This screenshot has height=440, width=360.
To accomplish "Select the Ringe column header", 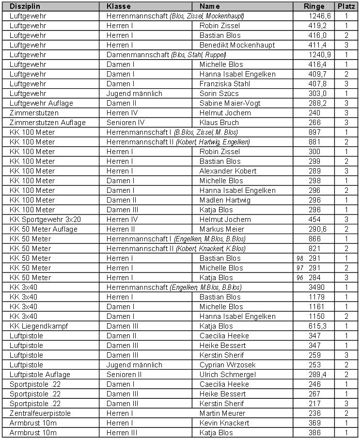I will tap(314, 6).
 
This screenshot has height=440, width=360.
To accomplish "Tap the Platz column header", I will tap(347, 6).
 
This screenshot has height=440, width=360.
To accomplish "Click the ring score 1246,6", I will tap(320, 16).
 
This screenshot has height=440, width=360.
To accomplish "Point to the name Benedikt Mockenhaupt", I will tap(237, 45).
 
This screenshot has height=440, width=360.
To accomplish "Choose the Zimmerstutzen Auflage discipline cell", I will tap(47, 123).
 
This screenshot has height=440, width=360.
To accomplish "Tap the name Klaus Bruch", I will tap(219, 123).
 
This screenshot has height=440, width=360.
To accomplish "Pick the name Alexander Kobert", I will tap(228, 171).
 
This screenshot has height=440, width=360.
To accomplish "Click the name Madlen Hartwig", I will tap(225, 200).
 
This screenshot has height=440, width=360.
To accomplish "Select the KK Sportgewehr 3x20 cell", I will tap(45, 220).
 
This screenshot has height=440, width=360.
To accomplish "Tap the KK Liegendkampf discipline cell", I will tap(39, 326).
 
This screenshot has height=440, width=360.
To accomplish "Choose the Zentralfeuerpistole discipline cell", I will tap(40, 413).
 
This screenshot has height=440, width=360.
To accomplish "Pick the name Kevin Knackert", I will tap(224, 423).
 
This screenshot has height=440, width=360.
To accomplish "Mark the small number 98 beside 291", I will tap(299, 259).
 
